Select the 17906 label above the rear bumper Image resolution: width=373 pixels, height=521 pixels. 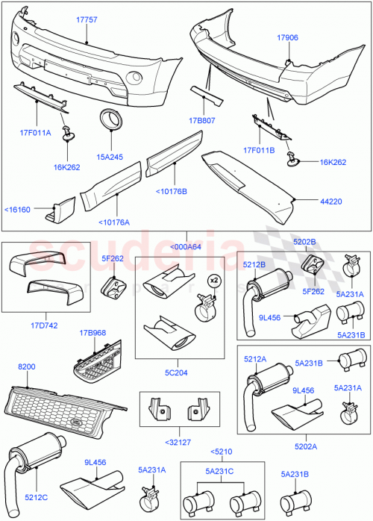288,37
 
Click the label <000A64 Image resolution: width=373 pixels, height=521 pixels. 186,248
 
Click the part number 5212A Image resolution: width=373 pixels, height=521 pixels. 255,360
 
